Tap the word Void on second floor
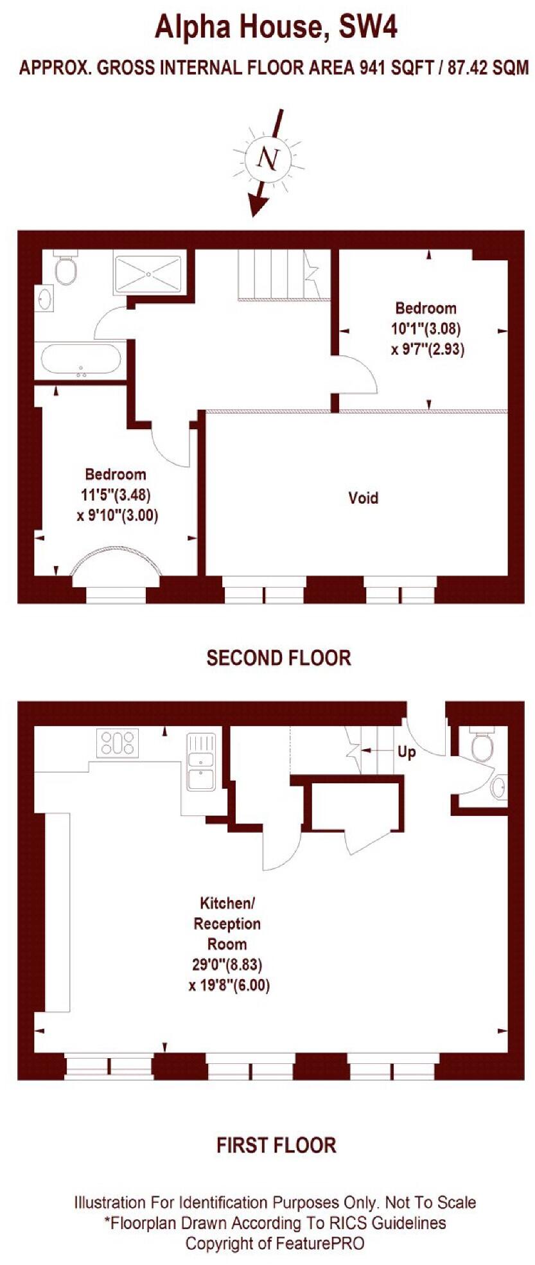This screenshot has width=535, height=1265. tap(363, 498)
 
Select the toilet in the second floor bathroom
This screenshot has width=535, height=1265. tap(66, 270)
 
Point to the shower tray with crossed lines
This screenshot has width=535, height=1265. tap(149, 274)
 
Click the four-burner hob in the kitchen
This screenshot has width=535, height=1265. tap(118, 743)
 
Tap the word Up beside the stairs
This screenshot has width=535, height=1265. tap(407, 751)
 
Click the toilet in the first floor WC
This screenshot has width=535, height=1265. tap(482, 746)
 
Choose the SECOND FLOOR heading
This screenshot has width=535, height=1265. tap(279, 658)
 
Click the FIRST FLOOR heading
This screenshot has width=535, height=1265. tap(276, 1145)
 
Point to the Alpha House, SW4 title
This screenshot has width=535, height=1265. tap(276, 28)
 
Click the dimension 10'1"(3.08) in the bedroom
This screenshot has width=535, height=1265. tap(426, 329)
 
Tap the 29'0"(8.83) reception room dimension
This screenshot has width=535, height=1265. tap(227, 964)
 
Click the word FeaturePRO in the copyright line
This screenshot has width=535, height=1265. tap(319, 1243)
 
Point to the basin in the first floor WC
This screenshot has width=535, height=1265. tap(498, 787)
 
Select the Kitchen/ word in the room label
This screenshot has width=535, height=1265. tap(227, 903)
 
